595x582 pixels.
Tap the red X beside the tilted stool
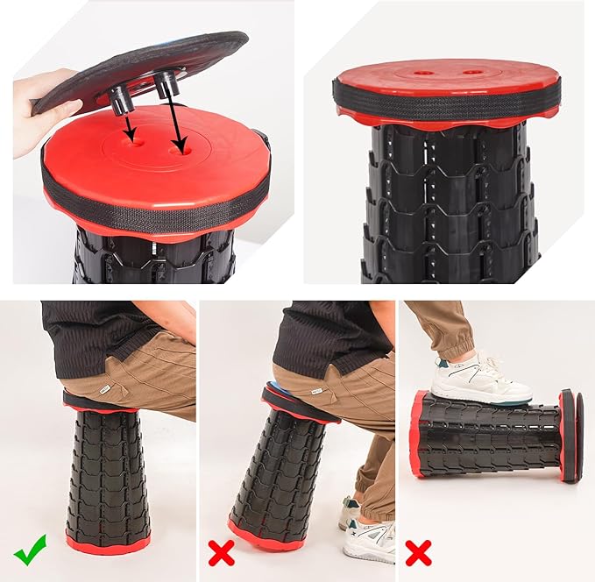pyautogui.click(x=222, y=553)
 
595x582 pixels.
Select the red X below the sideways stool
pyautogui.click(x=418, y=553)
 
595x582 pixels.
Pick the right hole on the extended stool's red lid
pyautogui.click(x=475, y=72)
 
